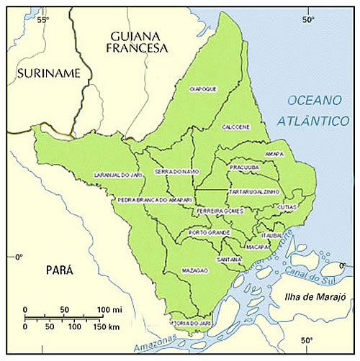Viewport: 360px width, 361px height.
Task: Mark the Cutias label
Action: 286,206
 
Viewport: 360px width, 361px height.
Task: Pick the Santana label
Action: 230,259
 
